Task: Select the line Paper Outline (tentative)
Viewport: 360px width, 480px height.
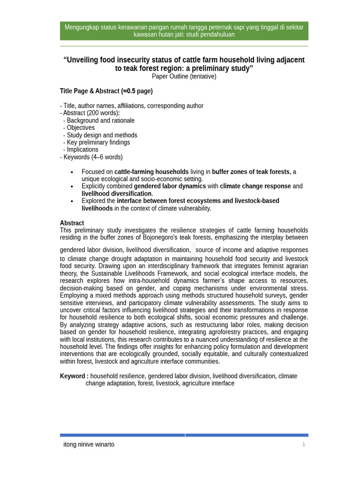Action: tap(184, 76)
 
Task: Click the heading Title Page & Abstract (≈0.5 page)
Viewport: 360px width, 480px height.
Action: tap(106, 91)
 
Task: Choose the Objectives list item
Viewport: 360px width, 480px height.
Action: tap(80, 127)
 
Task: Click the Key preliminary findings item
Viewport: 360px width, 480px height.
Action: tap(98, 142)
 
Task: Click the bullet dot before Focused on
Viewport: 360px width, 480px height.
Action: tap(72, 172)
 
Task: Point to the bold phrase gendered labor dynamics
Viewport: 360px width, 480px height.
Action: tap(170, 186)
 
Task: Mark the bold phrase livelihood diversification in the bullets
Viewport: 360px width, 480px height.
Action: tap(116, 194)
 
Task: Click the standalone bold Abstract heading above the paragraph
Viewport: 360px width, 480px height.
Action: tap(72, 223)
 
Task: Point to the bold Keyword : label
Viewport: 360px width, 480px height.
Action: tap(74, 376)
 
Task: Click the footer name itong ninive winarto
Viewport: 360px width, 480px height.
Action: tap(89, 444)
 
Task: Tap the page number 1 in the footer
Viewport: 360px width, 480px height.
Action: tap(303, 444)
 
